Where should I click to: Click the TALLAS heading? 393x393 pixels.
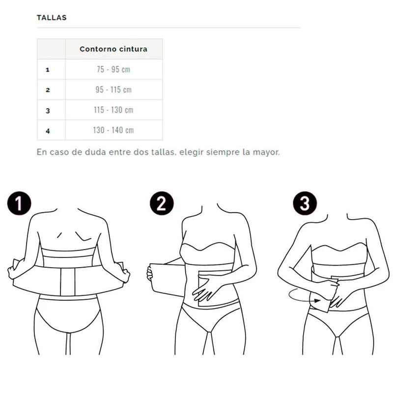pos(52,18)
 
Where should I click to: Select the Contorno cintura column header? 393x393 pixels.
pos(113,49)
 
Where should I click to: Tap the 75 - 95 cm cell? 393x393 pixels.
pos(113,69)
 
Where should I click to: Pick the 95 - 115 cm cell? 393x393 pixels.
pos(113,89)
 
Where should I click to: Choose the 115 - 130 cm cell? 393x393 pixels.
pos(113,110)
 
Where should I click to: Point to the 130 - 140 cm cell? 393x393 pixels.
pos(113,130)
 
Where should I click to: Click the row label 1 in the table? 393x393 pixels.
pos(48,70)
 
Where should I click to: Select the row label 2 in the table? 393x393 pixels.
pos(48,90)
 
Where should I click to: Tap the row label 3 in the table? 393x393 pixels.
pos(48,111)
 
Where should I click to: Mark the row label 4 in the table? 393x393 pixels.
pos(48,131)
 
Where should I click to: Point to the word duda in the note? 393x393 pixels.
pos(95,152)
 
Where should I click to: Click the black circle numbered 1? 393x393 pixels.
pos(19,203)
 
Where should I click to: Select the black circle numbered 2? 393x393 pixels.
pos(162,203)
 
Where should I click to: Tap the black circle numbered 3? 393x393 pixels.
pos(305,203)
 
